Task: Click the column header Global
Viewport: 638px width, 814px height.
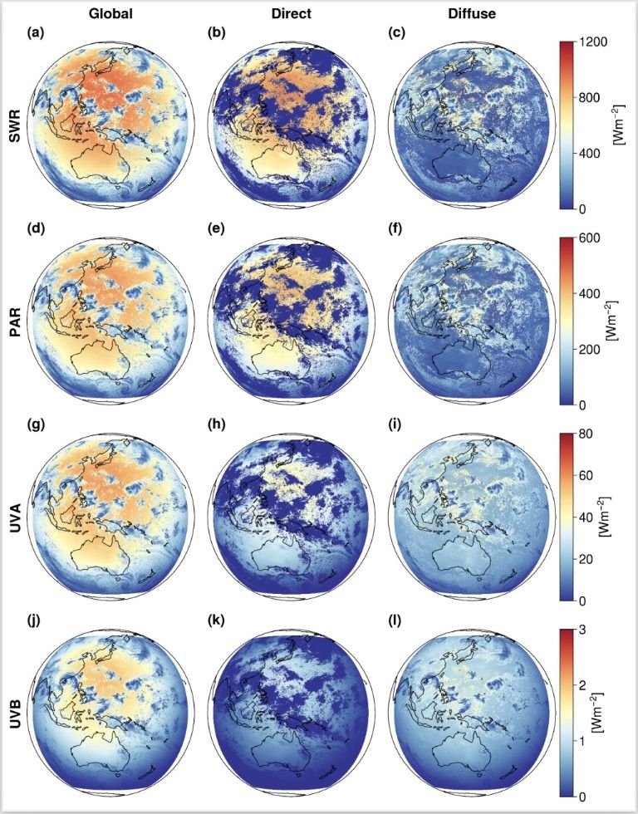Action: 110,14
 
